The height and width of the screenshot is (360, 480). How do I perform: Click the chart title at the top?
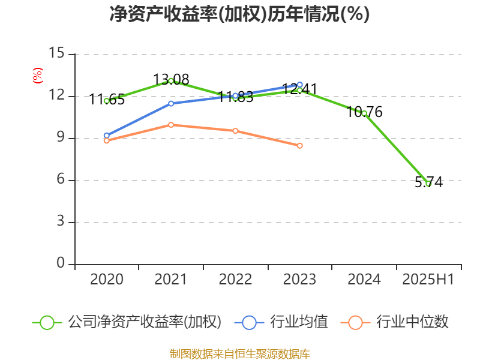[239, 14]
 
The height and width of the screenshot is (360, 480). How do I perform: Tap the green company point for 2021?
[171, 80]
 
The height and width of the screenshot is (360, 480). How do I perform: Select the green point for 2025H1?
[428, 184]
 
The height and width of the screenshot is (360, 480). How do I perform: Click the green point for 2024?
[364, 113]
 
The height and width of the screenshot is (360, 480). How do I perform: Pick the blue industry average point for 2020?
[106, 136]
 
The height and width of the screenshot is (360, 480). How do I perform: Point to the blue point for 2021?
[171, 103]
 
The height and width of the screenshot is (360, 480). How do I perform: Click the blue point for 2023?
[300, 85]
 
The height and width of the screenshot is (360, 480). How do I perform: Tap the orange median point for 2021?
[171, 125]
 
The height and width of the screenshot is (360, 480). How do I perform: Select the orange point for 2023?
[300, 146]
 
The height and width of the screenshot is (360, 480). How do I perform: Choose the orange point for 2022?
[235, 131]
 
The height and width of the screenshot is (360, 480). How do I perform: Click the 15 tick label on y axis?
[56, 54]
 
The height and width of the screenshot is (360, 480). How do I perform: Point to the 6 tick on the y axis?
[61, 180]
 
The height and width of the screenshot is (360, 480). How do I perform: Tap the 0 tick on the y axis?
[61, 264]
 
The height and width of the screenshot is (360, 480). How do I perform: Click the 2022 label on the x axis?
[235, 280]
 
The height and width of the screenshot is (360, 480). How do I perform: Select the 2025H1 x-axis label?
[428, 280]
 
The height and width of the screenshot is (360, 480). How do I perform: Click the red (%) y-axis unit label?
[37, 76]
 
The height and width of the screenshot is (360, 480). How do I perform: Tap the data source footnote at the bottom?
[239, 353]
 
